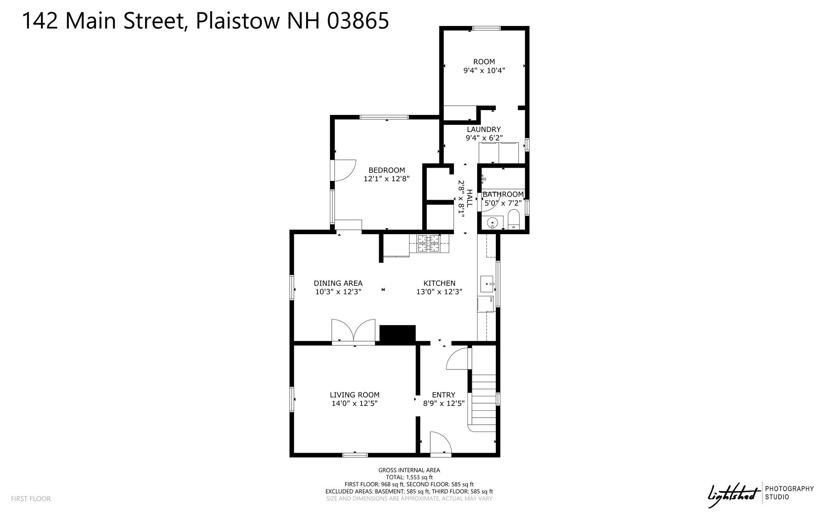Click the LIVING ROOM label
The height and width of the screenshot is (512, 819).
tap(354, 395)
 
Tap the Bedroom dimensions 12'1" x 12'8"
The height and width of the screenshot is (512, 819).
tap(387, 179)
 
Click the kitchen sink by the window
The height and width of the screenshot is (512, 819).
tap(487, 284)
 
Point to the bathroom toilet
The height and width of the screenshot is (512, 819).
tap(513, 221)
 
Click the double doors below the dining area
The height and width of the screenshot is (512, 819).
tap(354, 331)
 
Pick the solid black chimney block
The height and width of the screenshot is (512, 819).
tap(398, 334)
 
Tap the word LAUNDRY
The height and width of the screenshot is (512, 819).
tap(484, 129)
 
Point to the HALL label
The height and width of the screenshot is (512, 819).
tap(469, 199)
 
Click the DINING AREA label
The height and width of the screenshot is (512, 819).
tap(338, 283)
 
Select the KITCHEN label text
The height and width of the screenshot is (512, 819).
tap(439, 283)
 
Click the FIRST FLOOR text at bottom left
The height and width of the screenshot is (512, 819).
tap(31, 499)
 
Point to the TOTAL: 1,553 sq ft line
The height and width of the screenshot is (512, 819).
tap(409, 477)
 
